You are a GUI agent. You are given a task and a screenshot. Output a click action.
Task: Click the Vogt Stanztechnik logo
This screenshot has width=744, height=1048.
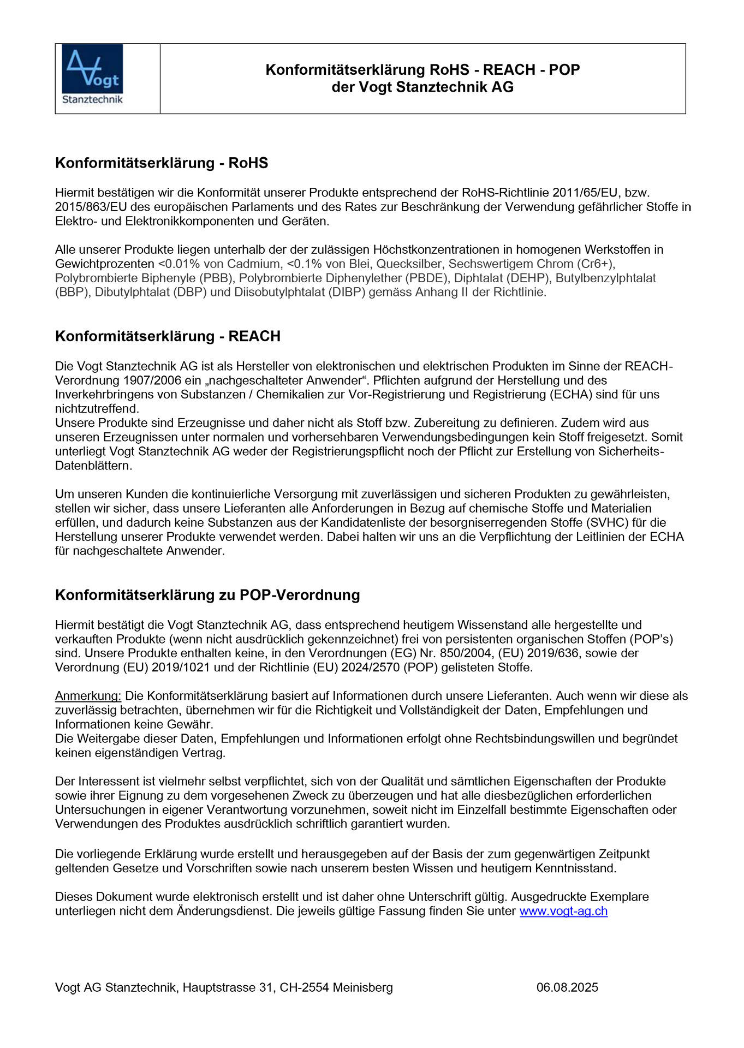[92, 75]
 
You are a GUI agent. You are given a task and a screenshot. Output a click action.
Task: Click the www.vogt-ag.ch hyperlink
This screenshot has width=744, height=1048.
[563, 911]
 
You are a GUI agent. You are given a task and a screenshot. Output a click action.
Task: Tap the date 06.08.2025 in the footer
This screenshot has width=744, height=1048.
[567, 987]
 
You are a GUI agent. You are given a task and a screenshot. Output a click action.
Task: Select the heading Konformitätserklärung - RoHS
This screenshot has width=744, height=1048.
[162, 163]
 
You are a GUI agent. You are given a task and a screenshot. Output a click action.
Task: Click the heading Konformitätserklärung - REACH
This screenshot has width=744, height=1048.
[168, 336]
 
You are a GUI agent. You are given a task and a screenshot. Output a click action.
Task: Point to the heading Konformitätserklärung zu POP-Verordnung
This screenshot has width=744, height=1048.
[207, 595]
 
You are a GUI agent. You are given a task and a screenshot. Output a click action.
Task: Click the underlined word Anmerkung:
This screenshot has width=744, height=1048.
[88, 696]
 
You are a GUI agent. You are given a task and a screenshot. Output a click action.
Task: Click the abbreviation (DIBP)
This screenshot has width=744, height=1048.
[347, 293]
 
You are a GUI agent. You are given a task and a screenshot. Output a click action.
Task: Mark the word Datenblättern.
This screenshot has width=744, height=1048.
[93, 466]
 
